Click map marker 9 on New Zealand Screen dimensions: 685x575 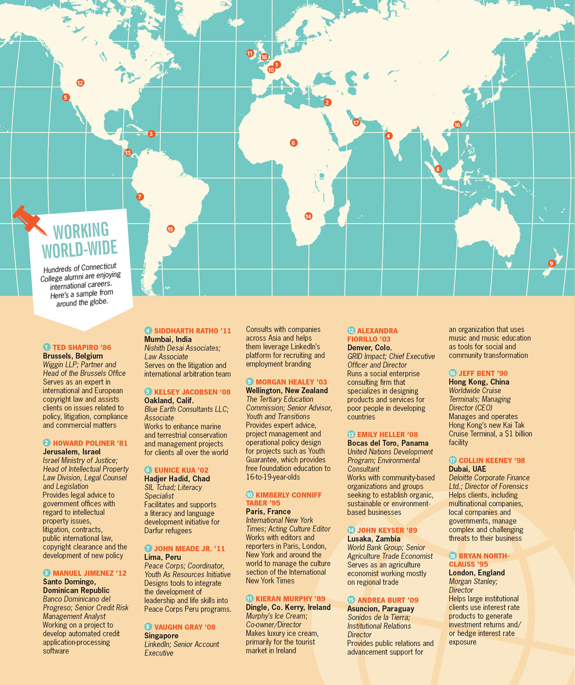552,263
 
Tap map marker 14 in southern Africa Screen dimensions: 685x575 308,216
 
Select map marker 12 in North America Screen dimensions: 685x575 80,83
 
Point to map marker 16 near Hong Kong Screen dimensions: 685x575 457,125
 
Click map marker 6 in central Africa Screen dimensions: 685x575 294,143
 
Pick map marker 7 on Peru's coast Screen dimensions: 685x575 140,197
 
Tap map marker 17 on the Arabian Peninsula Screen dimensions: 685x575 356,123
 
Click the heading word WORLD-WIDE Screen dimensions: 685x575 80,249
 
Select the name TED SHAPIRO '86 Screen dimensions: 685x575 82,347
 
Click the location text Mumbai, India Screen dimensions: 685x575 168,340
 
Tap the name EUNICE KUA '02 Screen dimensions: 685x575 181,470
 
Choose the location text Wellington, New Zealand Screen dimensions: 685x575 287,390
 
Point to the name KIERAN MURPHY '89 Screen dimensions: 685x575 290,599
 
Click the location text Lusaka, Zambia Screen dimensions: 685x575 374,539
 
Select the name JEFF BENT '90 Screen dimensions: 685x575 483,373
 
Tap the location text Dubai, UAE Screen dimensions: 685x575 467,469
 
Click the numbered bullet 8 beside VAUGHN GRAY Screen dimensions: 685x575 148,627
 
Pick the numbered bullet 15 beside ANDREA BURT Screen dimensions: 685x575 351,600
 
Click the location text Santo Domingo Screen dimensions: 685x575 69,582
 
